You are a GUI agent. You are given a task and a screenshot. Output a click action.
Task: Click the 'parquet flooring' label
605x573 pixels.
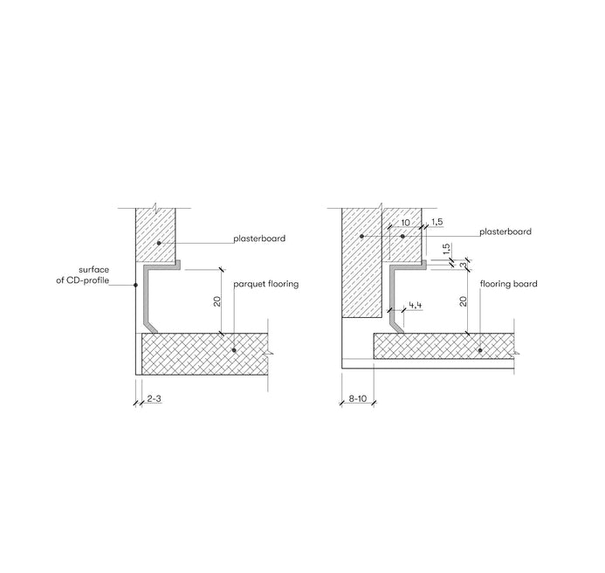point(266,284)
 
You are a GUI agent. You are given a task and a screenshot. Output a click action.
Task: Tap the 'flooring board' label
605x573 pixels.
point(509,284)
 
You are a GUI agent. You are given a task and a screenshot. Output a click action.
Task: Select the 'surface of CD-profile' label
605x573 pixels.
point(83,275)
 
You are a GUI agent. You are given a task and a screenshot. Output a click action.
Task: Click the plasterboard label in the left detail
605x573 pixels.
point(259,238)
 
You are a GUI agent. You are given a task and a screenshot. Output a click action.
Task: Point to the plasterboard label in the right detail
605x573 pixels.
point(505,231)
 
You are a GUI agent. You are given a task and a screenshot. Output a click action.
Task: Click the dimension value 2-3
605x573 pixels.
point(154,398)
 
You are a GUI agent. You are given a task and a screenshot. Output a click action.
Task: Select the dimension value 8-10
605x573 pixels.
point(358,398)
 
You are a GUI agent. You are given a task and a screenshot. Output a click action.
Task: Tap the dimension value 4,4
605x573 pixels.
point(416,306)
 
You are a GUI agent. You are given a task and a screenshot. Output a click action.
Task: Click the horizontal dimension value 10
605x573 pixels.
point(405,223)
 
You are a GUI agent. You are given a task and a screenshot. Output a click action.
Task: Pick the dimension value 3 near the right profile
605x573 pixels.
point(463,266)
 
